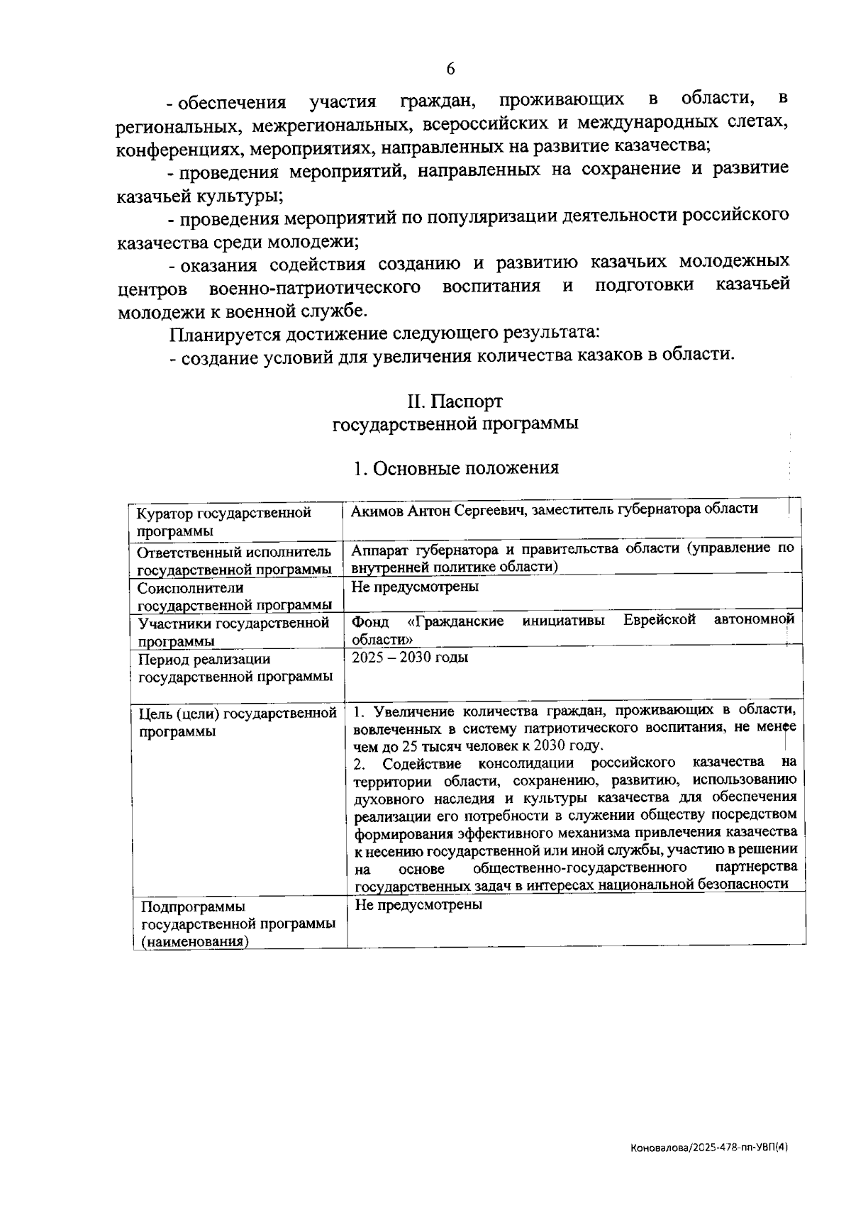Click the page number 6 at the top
pos(450,69)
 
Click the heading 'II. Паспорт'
pos(455,401)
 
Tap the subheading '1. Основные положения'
pos(456,468)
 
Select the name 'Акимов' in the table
pos(377,509)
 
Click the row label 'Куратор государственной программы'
pos(223,521)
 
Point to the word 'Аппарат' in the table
pos(377,548)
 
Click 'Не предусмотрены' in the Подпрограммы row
pos(418,905)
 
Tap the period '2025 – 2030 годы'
pos(410,657)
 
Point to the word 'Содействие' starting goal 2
pos(421,764)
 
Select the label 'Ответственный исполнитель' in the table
pos(233,553)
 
